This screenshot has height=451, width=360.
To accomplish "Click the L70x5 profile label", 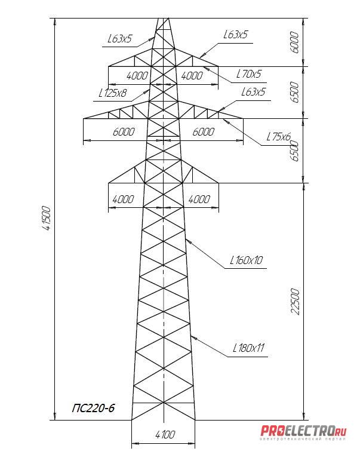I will pos(249,75).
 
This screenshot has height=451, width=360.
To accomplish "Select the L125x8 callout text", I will pos(113,93).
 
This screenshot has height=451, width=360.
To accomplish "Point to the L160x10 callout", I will pos(247,260).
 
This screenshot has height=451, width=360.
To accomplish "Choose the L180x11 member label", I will pos(248,348).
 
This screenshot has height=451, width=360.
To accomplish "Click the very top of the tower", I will pos(163,18).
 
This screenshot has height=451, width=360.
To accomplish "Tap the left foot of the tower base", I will pos(131,420).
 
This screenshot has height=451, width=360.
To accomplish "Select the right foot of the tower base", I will pos(195,420).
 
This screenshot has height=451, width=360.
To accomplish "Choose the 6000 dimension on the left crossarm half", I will pos(122,132).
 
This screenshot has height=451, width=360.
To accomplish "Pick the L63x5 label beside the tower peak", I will pos(119,39).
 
